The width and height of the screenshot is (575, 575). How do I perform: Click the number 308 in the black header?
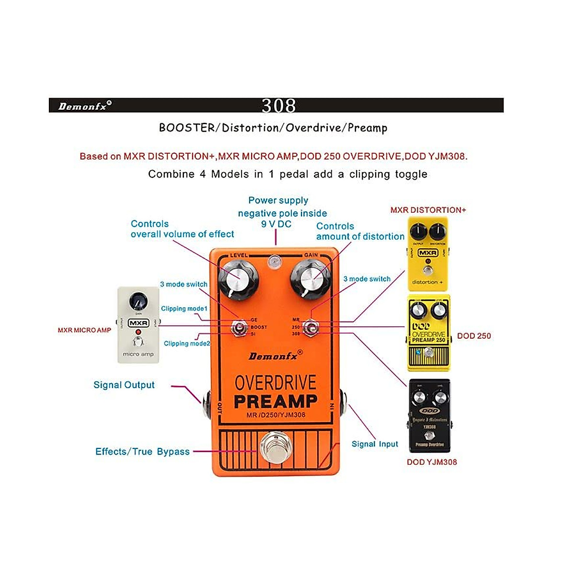pyautogui.click(x=278, y=105)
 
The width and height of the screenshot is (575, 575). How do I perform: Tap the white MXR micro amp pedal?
pyautogui.click(x=138, y=325)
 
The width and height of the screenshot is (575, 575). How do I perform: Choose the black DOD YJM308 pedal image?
pyautogui.click(x=429, y=415)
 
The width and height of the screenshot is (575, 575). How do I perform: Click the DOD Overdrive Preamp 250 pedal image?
pyautogui.click(x=428, y=333)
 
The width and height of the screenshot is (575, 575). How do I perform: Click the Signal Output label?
pyautogui.click(x=124, y=385)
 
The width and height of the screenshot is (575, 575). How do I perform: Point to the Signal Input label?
pyautogui.click(x=375, y=444)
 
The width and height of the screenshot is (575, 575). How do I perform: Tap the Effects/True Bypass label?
pyautogui.click(x=142, y=451)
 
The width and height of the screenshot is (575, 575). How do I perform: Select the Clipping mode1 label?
pyautogui.click(x=184, y=309)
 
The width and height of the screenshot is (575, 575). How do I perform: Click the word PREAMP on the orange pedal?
pyautogui.click(x=276, y=401)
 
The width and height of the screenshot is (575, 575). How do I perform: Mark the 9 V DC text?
pyautogui.click(x=276, y=224)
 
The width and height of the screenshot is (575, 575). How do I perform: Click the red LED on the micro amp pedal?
pyautogui.click(x=138, y=332)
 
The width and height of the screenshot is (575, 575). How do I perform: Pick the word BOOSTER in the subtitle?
pyautogui.click(x=187, y=128)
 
